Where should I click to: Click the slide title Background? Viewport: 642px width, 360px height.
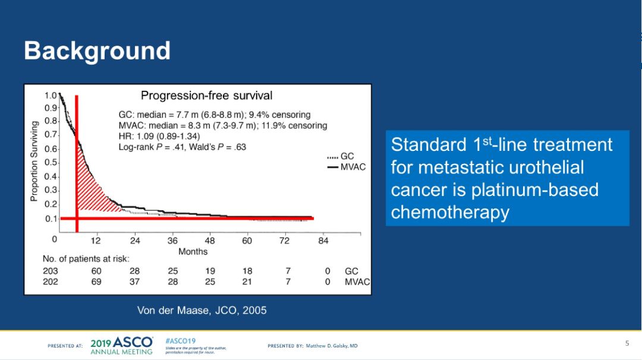[x=97, y=51]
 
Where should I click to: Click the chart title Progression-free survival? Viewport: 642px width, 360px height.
[x=206, y=96]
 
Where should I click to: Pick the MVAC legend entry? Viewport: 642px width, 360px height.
[x=353, y=167]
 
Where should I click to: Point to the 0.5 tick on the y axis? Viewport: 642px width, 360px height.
[x=51, y=163]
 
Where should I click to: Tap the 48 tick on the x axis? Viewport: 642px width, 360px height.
[x=210, y=241]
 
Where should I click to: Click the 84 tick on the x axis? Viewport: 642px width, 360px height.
[x=323, y=241]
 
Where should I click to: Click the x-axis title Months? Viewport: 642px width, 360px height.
[x=193, y=251]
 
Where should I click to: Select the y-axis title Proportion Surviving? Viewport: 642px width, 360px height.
[x=34, y=161]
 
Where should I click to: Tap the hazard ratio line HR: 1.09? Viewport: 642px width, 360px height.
[x=159, y=136]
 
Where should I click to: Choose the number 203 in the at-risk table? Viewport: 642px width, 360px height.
[x=51, y=271]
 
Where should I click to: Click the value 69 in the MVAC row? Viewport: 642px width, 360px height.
[x=96, y=282]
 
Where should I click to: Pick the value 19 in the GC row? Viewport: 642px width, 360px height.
[x=210, y=271]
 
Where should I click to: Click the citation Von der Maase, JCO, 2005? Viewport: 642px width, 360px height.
[x=202, y=310]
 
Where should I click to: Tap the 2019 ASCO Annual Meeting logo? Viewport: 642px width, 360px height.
[x=122, y=345]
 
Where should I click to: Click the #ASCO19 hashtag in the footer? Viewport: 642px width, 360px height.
[x=180, y=340]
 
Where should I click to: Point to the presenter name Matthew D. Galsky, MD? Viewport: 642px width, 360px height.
[x=331, y=346]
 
